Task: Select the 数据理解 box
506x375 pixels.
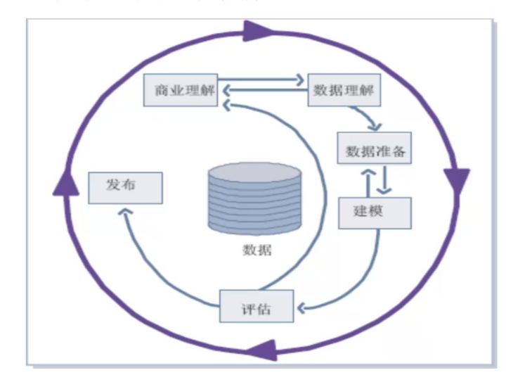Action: (x=344, y=90)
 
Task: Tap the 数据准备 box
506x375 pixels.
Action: (x=374, y=151)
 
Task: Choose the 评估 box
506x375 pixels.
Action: (x=256, y=307)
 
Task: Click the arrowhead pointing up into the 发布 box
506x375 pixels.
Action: (x=124, y=211)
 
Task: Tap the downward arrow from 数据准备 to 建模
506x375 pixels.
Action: (x=384, y=182)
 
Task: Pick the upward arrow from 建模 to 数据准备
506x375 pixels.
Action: (x=368, y=182)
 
